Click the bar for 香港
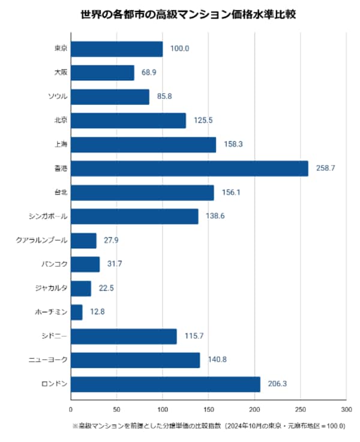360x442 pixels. pyautogui.click(x=190, y=169)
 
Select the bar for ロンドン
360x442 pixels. pyautogui.click(x=166, y=384)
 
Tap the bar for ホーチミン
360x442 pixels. pyautogui.click(x=77, y=312)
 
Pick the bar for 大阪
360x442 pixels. pyautogui.click(x=103, y=73)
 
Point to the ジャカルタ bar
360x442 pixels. pyautogui.click(x=81, y=288)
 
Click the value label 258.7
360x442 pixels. pyautogui.click(x=326, y=169)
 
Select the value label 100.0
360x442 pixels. pyautogui.click(x=179, y=49)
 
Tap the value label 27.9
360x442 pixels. pyautogui.click(x=111, y=240)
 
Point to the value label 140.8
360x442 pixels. pyautogui.click(x=217, y=360)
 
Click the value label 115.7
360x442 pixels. pyautogui.click(x=194, y=336)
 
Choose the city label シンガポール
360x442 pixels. pyautogui.click(x=48, y=217)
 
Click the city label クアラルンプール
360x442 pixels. pyautogui.click(x=42, y=240)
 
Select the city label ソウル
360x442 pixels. pyautogui.click(x=58, y=97)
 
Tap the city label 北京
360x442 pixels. pyautogui.click(x=61, y=121)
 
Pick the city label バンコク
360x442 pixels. pyautogui.click(x=55, y=264)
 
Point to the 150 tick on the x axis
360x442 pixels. pyautogui.click(x=209, y=410)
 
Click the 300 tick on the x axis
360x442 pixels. pyautogui.click(x=346, y=410)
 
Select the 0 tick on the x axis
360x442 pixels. pyautogui.click(x=71, y=410)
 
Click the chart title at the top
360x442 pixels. pyautogui.click(x=188, y=14)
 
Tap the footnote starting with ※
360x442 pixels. pyautogui.click(x=209, y=426)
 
